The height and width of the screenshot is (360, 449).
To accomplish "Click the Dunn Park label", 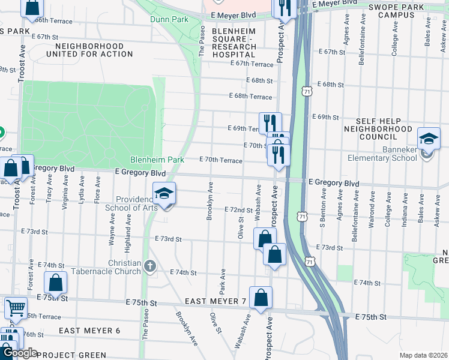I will click(x=169, y=20).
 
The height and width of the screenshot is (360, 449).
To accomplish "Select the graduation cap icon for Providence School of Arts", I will click(x=163, y=194).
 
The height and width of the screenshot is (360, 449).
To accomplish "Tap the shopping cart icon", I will click(x=16, y=308).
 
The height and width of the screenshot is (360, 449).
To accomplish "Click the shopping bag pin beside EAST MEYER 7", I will click(x=261, y=298).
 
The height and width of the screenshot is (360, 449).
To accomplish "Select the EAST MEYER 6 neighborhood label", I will click(x=89, y=331).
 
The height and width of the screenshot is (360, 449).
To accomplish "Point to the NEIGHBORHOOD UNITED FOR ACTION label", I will click(x=94, y=50).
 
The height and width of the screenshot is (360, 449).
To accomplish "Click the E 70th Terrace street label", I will click(x=221, y=160).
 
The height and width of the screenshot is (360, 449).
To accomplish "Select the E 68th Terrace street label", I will click(x=250, y=96).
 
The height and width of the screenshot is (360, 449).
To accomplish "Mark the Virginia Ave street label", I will click(x=65, y=202).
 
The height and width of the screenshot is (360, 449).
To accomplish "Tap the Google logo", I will click(x=19, y=353).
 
